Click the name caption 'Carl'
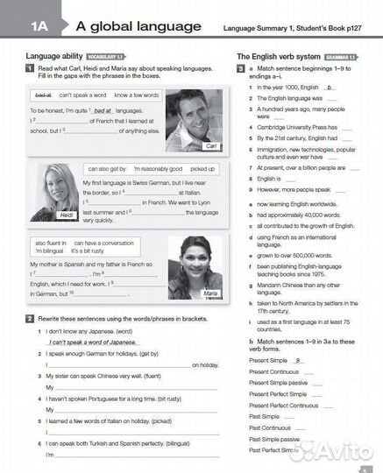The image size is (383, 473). pyautogui.click(x=209, y=145)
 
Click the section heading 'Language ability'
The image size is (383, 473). pyautogui.click(x=48, y=56)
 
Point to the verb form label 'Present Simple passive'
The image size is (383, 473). pyautogui.click(x=278, y=383)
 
